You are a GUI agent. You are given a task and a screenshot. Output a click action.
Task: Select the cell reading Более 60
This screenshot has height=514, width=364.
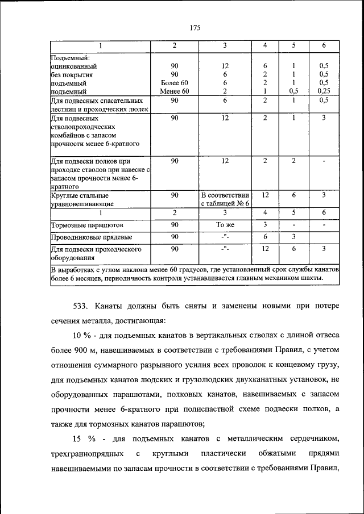tap(175, 82)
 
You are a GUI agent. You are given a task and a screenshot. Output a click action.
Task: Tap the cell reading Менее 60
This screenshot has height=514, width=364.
tap(175, 90)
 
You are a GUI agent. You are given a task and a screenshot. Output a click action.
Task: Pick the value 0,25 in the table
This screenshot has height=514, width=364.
tap(324, 90)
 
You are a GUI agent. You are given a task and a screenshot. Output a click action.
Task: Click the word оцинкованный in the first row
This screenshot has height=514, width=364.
tap(72, 66)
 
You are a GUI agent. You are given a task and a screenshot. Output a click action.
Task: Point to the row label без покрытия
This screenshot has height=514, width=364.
tap(72, 74)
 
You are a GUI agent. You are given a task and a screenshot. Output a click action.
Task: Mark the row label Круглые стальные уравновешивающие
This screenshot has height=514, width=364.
tap(83, 199)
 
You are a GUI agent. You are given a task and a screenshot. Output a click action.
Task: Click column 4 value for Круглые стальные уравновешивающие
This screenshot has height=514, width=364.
tap(265, 195)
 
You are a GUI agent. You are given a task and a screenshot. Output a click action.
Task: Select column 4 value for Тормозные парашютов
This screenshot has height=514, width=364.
tap(265, 225)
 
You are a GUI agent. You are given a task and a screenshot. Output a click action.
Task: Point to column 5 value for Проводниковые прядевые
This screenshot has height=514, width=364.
tap(293, 237)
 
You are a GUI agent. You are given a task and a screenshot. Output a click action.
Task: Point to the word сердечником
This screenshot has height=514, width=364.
tap(316, 438)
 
